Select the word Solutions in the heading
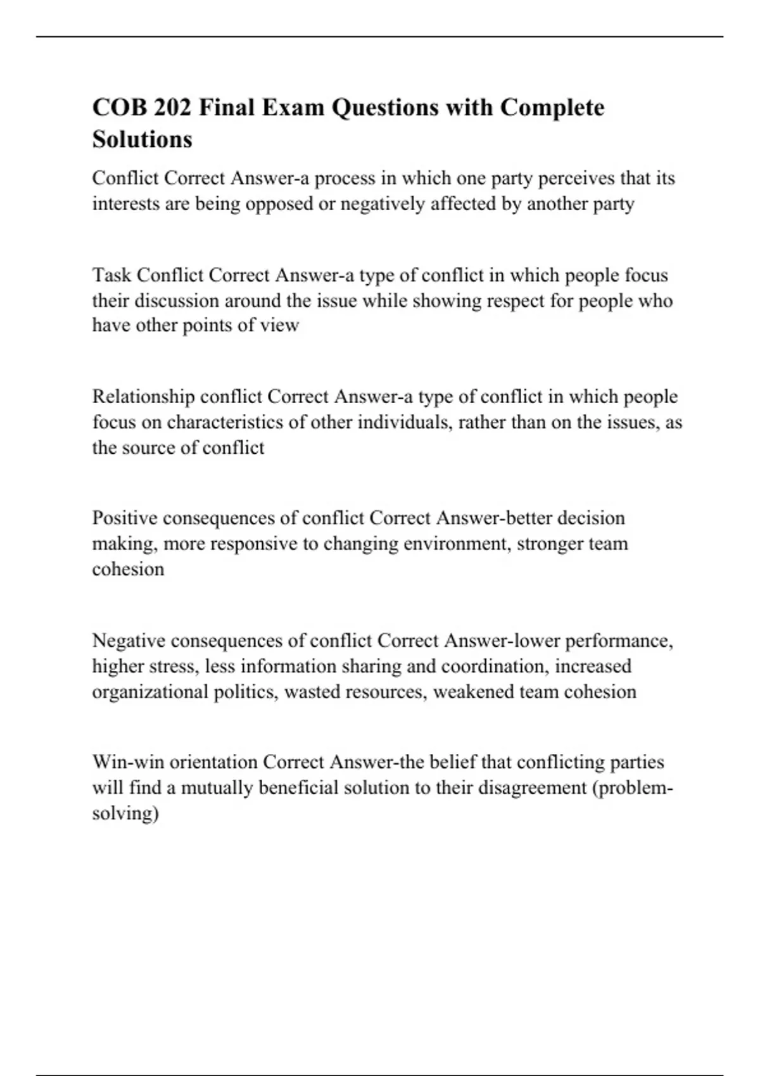point(142,139)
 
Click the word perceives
point(576,178)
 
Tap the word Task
point(111,275)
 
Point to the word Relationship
point(144,397)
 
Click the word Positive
point(125,518)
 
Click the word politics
point(245,692)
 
